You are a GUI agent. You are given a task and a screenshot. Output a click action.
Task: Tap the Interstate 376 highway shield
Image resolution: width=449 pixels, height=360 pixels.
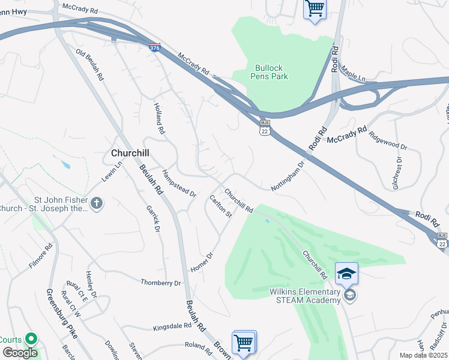coord(154,46)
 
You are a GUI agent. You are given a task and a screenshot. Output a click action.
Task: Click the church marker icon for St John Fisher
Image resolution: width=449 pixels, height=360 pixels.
coord(97,204)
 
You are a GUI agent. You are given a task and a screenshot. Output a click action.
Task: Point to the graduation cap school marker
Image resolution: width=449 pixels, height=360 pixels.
coord(346,274)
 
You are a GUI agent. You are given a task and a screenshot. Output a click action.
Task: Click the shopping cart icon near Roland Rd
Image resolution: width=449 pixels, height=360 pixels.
coord(244,343)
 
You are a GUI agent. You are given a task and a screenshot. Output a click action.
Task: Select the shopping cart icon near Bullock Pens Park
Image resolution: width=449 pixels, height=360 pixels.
coord(315,8)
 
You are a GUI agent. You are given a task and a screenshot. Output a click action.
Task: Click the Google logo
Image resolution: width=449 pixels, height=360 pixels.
coord(20,352)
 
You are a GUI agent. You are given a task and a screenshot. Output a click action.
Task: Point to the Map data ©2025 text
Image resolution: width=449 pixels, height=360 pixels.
coord(423,355)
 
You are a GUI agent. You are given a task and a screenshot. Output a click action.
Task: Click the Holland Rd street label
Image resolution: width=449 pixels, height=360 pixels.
coord(158,118)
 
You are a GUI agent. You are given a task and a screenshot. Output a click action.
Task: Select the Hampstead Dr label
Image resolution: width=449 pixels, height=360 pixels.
coord(179,184)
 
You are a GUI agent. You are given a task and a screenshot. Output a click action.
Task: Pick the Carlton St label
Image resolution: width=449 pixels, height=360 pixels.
coord(220,206)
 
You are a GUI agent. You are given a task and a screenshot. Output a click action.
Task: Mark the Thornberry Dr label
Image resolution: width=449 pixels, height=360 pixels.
coord(160,282)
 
